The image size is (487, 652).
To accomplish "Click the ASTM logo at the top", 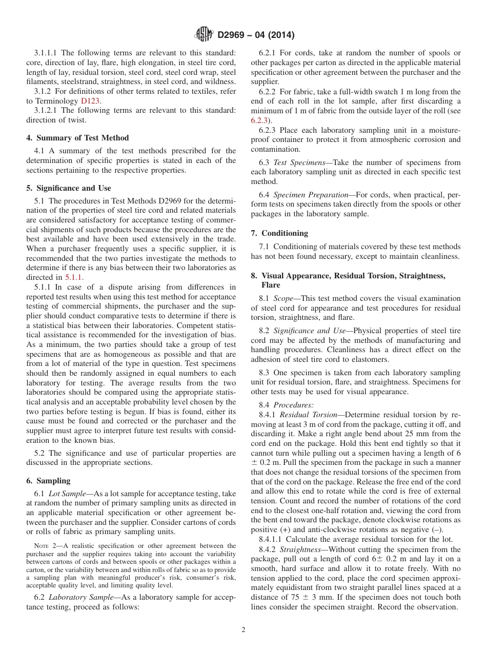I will click(204, 35).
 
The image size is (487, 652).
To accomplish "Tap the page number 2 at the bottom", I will click(243, 630).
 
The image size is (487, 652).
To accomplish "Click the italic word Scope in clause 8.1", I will click(283, 298).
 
